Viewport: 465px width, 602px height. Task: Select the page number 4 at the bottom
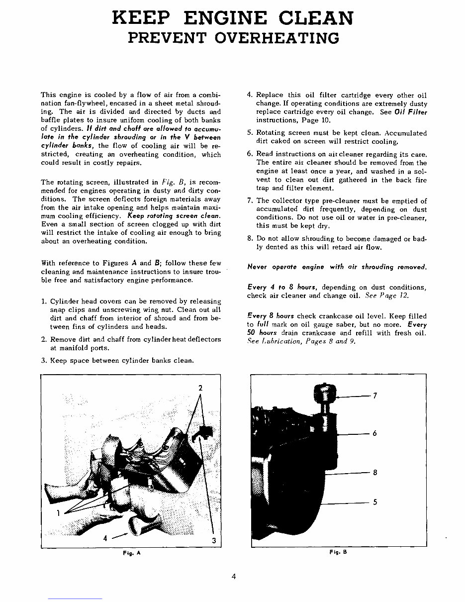click(233, 577)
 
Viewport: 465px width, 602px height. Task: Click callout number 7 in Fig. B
click(375, 396)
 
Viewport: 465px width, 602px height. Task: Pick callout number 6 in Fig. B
click(374, 433)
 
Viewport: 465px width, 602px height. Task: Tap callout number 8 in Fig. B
click(375, 473)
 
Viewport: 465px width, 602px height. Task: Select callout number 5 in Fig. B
click(375, 502)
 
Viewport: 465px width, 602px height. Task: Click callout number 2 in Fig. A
click(200, 388)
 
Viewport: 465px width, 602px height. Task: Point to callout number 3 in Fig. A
click(213, 541)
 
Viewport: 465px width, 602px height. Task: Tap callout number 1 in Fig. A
click(58, 513)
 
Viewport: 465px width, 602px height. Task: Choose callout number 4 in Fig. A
click(105, 538)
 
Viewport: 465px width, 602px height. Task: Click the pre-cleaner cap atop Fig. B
click(324, 393)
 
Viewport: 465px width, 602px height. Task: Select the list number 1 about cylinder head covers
click(44, 301)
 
